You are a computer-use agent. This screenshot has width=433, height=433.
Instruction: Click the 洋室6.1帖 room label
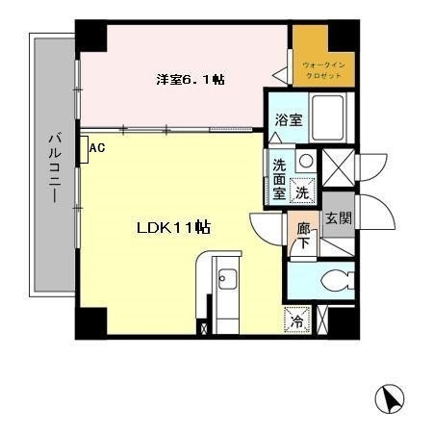point(191,80)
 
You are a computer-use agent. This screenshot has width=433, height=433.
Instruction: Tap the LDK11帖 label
point(173,228)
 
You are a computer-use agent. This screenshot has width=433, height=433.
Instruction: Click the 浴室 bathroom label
point(289,121)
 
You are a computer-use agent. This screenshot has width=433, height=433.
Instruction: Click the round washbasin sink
point(305,161)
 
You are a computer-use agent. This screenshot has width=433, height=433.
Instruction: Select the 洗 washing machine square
point(302,191)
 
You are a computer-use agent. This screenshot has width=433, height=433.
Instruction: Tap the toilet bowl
point(329,281)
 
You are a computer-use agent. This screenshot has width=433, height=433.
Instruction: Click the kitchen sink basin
point(227,280)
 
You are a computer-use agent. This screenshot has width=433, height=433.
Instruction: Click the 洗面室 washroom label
point(279,178)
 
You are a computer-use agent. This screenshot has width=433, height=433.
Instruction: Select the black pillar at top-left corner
point(92,36)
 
